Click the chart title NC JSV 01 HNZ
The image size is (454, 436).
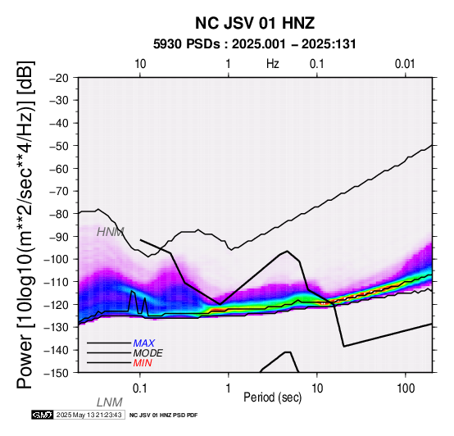click(x=255, y=23)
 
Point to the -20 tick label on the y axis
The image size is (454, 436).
click(x=59, y=78)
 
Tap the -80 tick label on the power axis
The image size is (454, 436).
click(x=59, y=214)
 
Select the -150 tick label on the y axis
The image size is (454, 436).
click(x=57, y=373)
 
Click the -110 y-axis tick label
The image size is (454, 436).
click(x=57, y=282)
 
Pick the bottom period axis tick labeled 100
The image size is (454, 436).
click(x=406, y=388)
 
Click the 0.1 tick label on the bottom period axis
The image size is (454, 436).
click(x=140, y=388)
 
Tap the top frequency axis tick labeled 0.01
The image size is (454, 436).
click(x=405, y=64)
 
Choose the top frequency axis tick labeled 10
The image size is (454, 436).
click(x=140, y=64)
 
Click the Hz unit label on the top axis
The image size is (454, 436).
click(x=273, y=64)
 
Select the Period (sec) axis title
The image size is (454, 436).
click(x=272, y=397)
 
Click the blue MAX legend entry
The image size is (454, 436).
click(x=144, y=343)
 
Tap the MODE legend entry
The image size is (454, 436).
click(x=148, y=353)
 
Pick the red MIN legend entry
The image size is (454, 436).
click(x=143, y=363)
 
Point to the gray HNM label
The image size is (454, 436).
click(x=111, y=232)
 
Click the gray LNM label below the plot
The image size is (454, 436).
click(x=110, y=402)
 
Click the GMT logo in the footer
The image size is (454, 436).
click(x=43, y=415)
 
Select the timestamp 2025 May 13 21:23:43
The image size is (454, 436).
click(x=89, y=415)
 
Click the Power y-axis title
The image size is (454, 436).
click(x=25, y=225)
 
